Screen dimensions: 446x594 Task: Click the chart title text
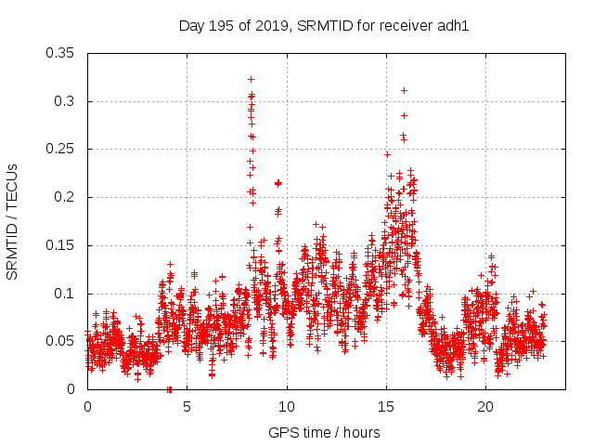[324, 26]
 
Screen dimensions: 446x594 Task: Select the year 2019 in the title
[268, 26]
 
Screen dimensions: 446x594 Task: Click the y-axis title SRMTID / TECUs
[12, 221]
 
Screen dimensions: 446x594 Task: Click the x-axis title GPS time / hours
[324, 432]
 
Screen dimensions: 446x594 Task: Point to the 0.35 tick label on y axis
[61, 53]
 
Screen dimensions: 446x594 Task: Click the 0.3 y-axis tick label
[65, 101]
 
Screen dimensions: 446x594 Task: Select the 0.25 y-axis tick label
[61, 149]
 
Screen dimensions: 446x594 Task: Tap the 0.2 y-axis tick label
[65, 197]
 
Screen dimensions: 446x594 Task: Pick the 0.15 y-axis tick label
[61, 245]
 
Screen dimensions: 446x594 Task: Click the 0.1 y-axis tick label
[65, 294]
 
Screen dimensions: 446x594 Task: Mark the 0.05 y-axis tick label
[61, 341]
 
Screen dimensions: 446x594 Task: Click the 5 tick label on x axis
[187, 407]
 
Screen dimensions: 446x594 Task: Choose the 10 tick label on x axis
[287, 407]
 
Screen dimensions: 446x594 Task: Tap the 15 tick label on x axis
[386, 407]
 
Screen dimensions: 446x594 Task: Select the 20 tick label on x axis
[485, 407]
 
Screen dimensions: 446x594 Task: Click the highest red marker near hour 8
[251, 80]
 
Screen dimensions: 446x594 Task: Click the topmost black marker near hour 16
[404, 90]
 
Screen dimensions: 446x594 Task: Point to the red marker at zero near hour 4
[168, 389]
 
